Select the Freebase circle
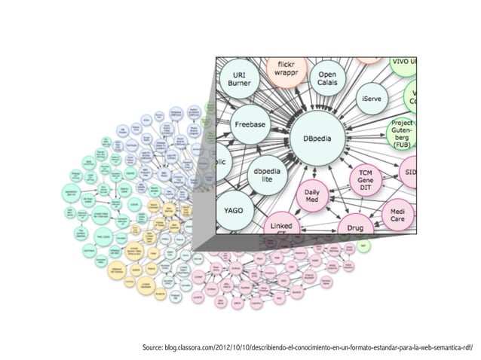point(248,122)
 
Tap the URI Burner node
point(240,79)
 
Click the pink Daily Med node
point(311,198)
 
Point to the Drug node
point(355,226)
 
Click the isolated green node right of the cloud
point(364,246)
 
